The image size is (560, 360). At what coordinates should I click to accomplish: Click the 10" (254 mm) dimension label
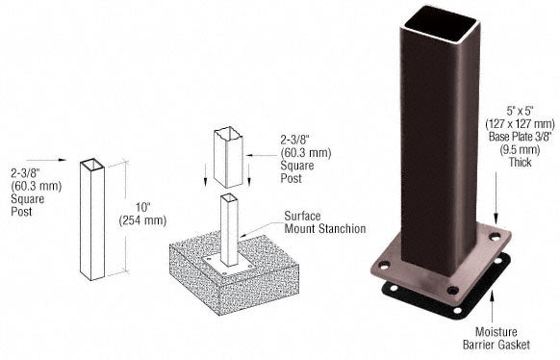tap(142, 214)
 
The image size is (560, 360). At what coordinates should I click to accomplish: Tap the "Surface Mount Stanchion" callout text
tap(324, 222)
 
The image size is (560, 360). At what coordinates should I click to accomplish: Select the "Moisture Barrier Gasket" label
tap(496, 338)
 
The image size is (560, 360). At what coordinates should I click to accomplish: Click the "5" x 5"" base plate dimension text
tap(520, 111)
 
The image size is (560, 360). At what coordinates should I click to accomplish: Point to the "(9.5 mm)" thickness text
tap(521, 149)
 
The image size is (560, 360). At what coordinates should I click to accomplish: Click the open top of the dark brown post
tap(442, 22)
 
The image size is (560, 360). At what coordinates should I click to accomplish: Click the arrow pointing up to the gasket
tap(492, 307)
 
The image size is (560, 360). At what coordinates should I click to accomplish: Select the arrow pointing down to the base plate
tap(496, 198)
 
